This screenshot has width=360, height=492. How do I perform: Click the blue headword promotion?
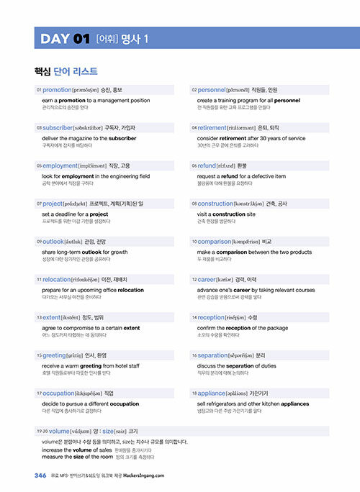57,90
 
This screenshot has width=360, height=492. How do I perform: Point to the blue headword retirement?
216,127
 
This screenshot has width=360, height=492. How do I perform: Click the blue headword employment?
60,165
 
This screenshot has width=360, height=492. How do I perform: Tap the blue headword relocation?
57,278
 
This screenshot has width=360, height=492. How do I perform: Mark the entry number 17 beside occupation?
38,393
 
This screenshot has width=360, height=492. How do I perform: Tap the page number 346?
40,475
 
